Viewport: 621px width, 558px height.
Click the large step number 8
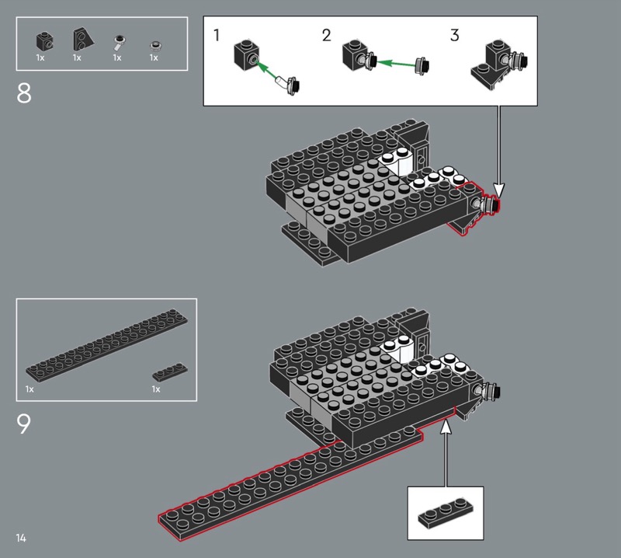(24, 93)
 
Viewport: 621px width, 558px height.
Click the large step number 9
(23, 424)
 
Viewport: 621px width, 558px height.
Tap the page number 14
(21, 538)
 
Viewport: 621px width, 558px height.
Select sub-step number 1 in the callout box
(217, 35)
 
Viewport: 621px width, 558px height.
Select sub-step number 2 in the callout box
(326, 35)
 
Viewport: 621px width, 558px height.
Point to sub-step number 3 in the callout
(455, 35)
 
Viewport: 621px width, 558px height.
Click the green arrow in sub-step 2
(395, 63)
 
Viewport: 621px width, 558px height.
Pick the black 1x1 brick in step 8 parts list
(45, 41)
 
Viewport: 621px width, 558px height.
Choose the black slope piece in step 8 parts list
(83, 40)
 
